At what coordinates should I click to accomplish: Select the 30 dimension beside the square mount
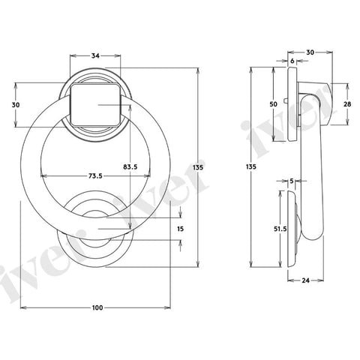[x=15, y=105]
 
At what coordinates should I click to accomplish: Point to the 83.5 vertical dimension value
[x=129, y=166]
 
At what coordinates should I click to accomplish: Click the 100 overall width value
[x=97, y=308]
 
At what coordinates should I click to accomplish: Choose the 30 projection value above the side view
[x=310, y=52]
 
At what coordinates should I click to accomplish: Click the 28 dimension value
[x=347, y=106]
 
